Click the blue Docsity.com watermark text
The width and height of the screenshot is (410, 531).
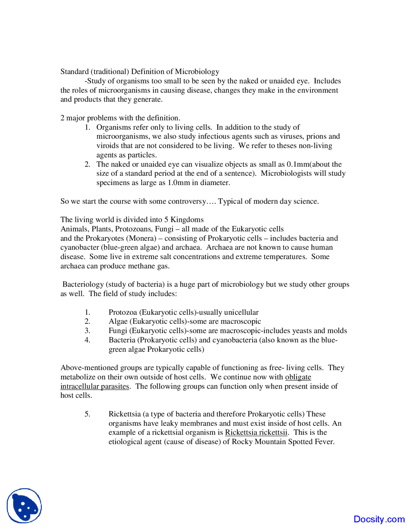click(379, 519)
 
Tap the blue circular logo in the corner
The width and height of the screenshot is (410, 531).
click(24, 506)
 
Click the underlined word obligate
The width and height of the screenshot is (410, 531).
click(298, 377)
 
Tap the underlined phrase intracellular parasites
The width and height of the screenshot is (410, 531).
click(95, 386)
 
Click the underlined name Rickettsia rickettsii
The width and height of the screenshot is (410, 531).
click(256, 433)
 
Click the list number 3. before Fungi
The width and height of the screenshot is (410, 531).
click(87, 331)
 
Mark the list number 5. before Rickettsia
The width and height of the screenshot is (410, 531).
click(87, 414)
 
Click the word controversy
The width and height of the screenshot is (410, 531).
click(187, 201)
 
